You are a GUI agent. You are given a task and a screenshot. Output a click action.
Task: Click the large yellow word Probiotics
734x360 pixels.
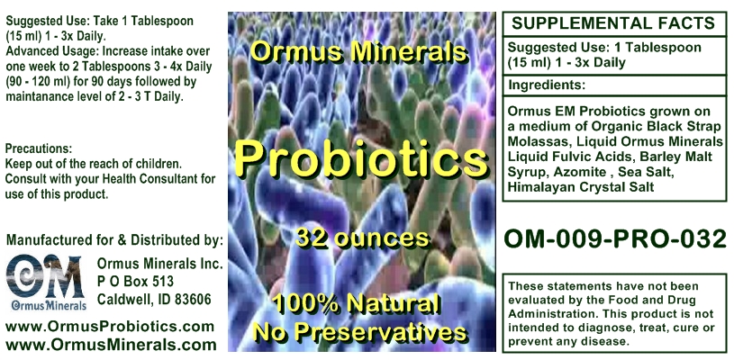[361, 158]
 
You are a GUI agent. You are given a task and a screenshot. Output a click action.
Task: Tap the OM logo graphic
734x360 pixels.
[45, 283]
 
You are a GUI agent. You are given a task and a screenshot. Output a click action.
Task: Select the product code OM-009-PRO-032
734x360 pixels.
[614, 238]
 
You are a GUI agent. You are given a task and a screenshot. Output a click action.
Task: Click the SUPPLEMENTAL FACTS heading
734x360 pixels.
[613, 22]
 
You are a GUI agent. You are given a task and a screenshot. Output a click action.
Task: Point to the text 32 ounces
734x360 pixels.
[363, 238]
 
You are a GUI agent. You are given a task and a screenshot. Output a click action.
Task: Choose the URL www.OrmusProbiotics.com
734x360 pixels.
[110, 327]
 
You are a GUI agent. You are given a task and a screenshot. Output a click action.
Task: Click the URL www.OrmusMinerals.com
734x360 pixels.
[111, 345]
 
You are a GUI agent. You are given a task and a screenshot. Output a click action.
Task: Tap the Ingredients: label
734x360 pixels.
[547, 85]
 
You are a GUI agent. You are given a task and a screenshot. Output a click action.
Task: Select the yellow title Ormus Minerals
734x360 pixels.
[358, 52]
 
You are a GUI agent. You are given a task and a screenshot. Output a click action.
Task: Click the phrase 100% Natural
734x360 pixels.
[357, 304]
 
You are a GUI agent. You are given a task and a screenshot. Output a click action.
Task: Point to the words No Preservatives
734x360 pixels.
[359, 332]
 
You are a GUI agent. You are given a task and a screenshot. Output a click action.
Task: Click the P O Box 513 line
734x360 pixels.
[135, 282]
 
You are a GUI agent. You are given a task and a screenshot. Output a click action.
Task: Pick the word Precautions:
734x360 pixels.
[39, 148]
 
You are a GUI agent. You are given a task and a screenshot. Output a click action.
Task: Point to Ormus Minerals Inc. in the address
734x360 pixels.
[159, 264]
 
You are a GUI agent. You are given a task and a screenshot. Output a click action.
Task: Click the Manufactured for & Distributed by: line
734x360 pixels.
[114, 240]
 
